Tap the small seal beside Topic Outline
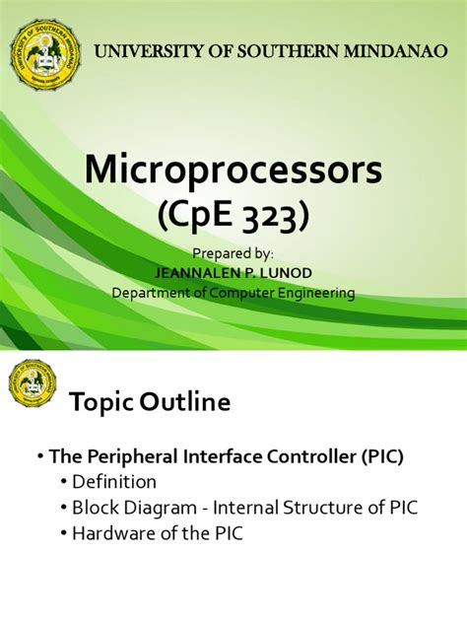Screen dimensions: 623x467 (33, 384)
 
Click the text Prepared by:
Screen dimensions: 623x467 (233, 253)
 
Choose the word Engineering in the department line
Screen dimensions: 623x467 (310, 293)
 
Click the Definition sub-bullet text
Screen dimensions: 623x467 (114, 482)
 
